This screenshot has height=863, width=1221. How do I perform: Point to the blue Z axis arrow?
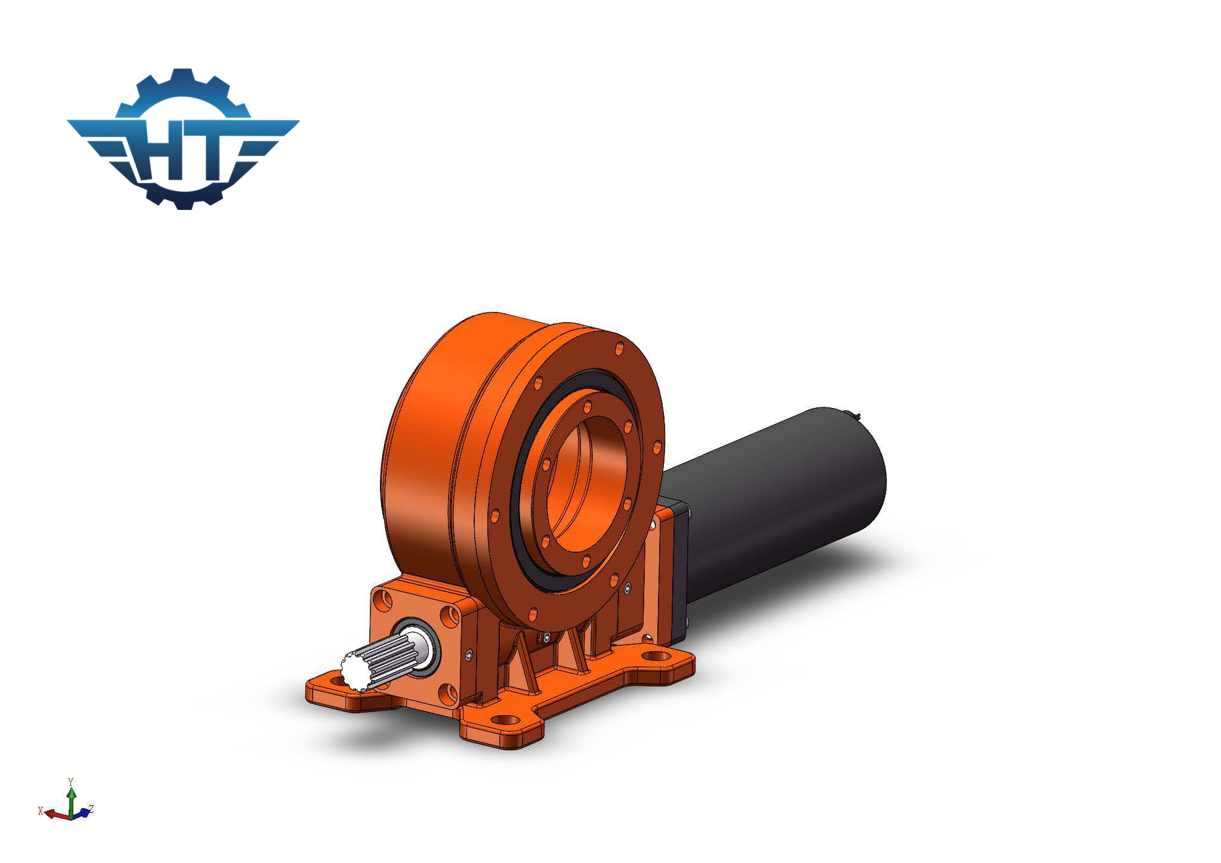coord(84,812)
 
